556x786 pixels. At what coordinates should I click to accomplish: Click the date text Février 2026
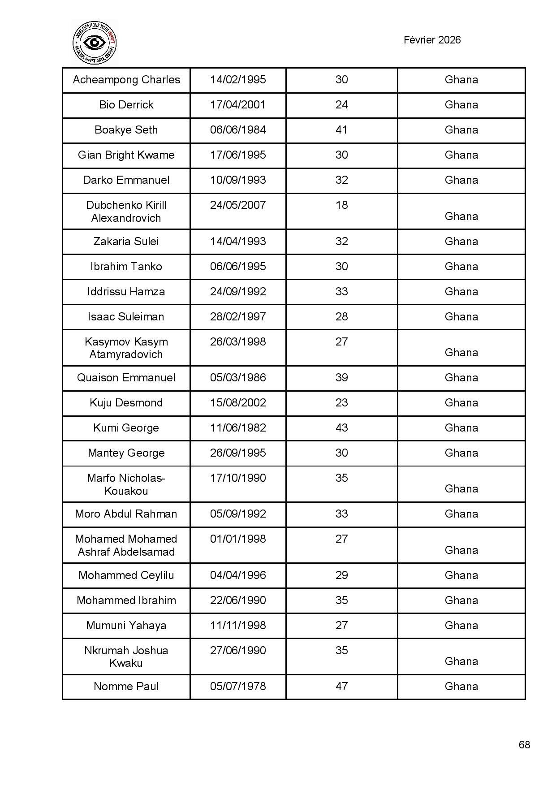point(432,40)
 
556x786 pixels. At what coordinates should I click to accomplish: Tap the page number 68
point(524,744)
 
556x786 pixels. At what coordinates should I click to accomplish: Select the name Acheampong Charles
point(126,80)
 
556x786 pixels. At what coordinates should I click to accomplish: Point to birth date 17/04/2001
point(238,105)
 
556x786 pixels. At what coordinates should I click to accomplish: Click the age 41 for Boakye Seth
point(341,130)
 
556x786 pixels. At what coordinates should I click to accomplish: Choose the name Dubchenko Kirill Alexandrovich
point(126,212)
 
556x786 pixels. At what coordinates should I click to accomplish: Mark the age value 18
point(341,205)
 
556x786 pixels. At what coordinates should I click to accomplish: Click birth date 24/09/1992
point(238,292)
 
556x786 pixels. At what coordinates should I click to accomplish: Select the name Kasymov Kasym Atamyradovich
point(126,348)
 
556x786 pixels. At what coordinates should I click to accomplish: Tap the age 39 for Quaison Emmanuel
point(341,378)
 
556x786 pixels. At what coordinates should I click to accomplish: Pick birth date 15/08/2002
point(238,403)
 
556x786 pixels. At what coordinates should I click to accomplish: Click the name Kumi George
point(126,428)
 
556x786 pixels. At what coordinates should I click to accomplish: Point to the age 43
point(341,428)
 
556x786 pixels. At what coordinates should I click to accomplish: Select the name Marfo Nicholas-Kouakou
point(126,484)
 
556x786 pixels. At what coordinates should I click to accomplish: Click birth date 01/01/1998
point(238,539)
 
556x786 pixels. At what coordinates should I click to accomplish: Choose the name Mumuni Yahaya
point(126,626)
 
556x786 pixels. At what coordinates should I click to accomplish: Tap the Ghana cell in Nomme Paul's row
point(461,687)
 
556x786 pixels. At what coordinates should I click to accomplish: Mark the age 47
point(341,687)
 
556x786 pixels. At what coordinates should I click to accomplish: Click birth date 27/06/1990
point(238,651)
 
